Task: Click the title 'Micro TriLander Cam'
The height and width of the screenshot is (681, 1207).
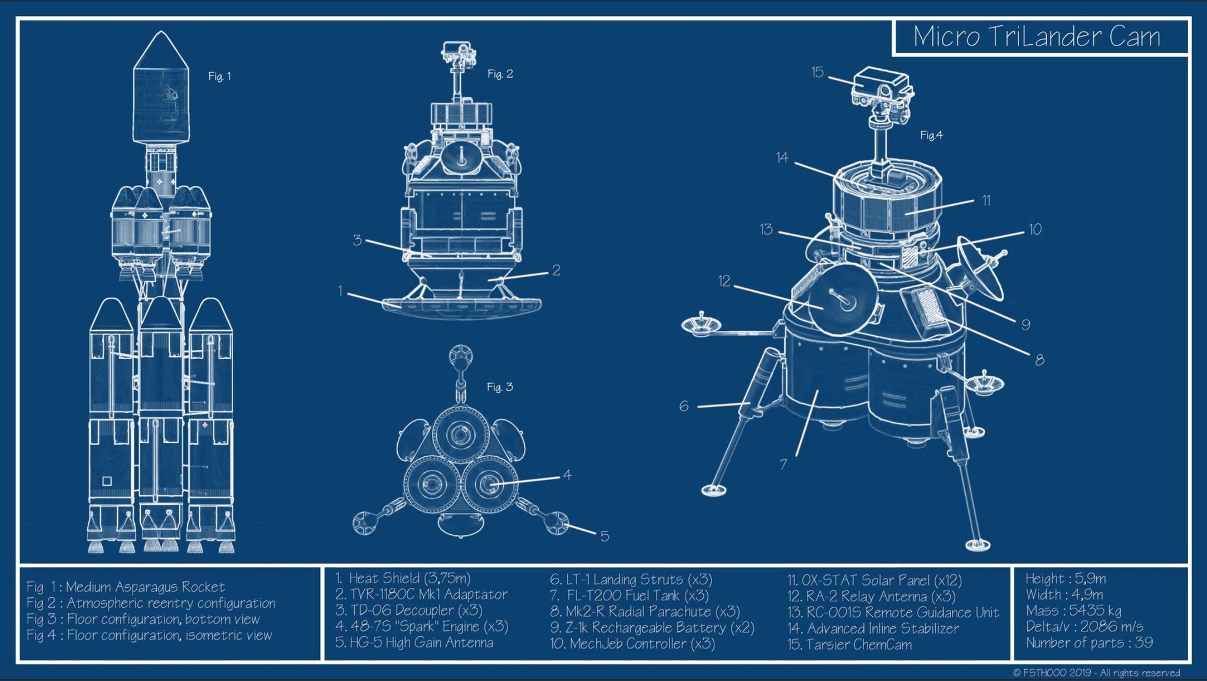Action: click(x=1037, y=37)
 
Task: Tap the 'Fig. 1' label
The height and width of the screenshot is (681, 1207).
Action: click(x=220, y=76)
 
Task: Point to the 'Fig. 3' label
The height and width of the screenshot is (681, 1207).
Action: click(x=500, y=387)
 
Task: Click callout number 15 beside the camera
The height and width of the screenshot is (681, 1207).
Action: click(x=817, y=72)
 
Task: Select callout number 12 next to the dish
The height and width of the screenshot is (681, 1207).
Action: click(x=724, y=281)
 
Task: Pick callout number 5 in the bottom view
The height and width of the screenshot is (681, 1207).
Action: click(x=605, y=536)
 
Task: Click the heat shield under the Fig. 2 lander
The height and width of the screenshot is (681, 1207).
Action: click(x=461, y=308)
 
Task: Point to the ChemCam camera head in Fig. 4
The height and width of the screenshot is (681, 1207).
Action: click(x=881, y=88)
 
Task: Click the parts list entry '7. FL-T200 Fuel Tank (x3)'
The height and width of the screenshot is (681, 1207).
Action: click(x=629, y=596)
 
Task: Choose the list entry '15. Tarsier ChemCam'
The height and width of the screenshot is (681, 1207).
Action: click(x=849, y=644)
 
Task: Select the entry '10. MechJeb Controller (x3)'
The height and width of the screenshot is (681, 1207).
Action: click(x=632, y=643)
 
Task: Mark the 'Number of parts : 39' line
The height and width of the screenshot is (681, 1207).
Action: click(x=1089, y=642)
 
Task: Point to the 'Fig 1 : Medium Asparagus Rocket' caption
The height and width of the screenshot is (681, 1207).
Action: click(x=126, y=587)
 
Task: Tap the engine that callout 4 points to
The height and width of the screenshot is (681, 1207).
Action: click(x=488, y=483)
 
